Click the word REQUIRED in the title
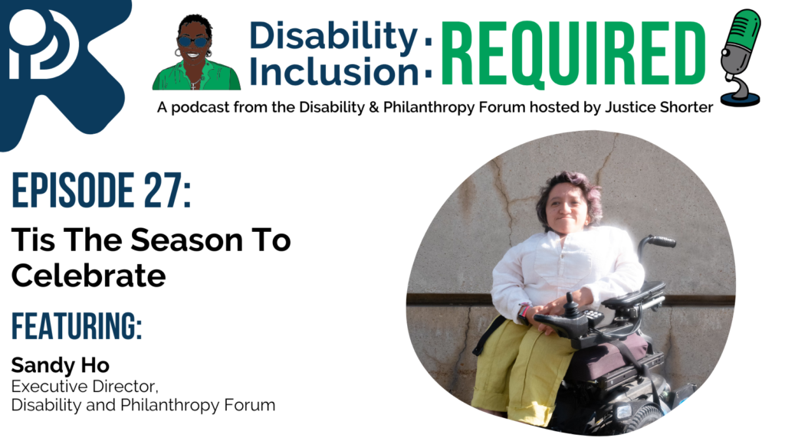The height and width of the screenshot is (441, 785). [573, 51]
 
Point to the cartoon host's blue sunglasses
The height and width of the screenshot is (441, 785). [193, 41]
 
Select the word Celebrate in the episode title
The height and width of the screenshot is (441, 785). [88, 276]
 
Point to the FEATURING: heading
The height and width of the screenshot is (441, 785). [77, 326]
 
